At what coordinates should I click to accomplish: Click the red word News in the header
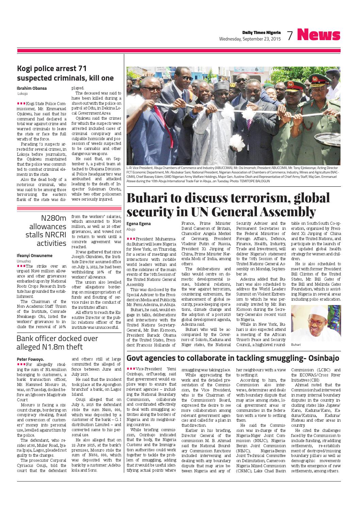(x=318, y=35)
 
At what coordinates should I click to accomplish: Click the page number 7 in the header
(x=290, y=35)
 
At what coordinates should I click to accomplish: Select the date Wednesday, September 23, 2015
(x=250, y=39)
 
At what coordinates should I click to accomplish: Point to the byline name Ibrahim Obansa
(x=32, y=88)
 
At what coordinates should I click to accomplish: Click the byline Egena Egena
(x=138, y=224)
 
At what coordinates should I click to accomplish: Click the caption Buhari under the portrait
(x=296, y=345)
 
